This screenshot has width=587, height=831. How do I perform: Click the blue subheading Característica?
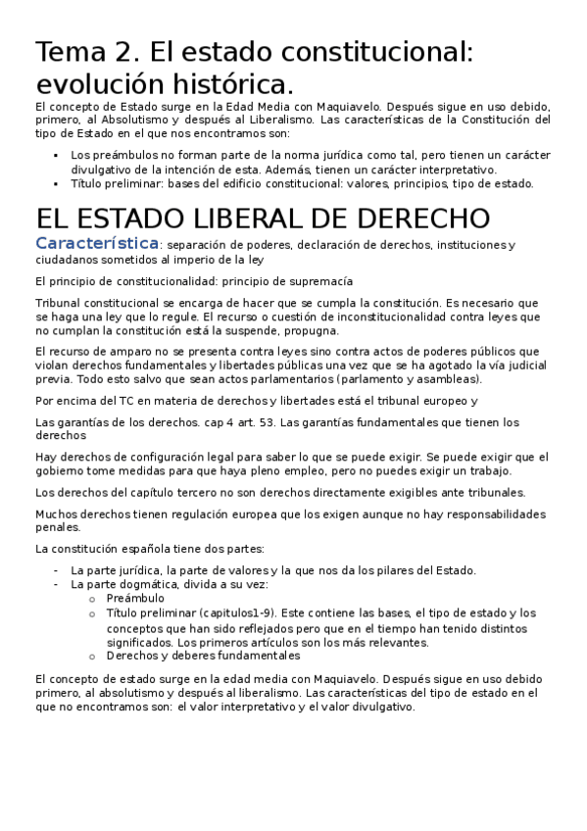96,243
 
